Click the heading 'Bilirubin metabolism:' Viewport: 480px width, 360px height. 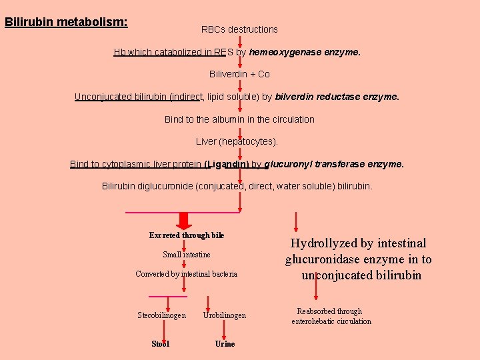(x=66, y=22)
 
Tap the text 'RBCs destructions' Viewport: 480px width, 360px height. (x=239, y=29)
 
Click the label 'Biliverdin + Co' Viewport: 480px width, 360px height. (x=239, y=74)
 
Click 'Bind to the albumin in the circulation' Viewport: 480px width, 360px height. (x=239, y=119)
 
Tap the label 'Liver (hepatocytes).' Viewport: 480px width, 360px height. (x=237, y=141)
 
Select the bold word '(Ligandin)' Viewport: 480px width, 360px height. (x=227, y=164)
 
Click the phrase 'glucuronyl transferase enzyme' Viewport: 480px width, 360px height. (x=333, y=164)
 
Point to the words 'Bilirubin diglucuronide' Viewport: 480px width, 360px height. (x=147, y=186)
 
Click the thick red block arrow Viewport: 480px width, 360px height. (x=185, y=221)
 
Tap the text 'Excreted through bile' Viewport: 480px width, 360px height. (x=187, y=235)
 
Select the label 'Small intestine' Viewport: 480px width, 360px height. (x=187, y=255)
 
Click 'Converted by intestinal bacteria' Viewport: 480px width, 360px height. (x=186, y=274)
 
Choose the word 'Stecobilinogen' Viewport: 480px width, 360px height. (x=161, y=315)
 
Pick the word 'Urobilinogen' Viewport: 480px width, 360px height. (x=225, y=315)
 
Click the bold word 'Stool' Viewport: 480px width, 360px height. (x=161, y=344)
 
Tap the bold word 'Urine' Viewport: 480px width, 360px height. (x=225, y=344)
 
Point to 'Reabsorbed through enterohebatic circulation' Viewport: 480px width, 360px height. (x=331, y=316)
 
